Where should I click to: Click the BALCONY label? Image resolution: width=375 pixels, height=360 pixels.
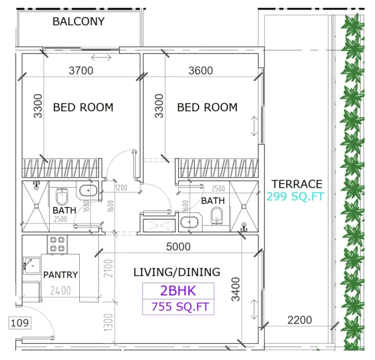tap(79, 22)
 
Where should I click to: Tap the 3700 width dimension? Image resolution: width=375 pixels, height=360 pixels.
tap(81, 71)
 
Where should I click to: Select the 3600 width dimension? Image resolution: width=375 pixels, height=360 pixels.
tap(200, 71)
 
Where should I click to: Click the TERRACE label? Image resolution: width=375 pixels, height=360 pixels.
tap(296, 184)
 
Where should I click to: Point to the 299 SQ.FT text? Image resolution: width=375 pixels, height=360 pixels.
tap(295, 196)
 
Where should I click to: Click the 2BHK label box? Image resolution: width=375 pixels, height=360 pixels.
tap(178, 291)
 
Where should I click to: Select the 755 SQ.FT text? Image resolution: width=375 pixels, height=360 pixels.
tap(178, 307)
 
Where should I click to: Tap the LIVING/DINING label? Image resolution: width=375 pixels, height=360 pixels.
tap(176, 272)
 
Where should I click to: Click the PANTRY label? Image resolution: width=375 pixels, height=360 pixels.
tap(61, 275)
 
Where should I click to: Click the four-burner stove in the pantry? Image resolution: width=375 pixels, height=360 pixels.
tap(57, 244)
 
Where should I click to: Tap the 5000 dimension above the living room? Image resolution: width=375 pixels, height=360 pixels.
tap(178, 247)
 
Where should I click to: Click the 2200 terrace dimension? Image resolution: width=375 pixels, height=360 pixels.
tap(299, 320)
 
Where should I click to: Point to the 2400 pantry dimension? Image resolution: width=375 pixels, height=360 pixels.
tap(60, 291)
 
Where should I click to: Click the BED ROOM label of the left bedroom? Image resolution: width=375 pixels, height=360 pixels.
tap(83, 107)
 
